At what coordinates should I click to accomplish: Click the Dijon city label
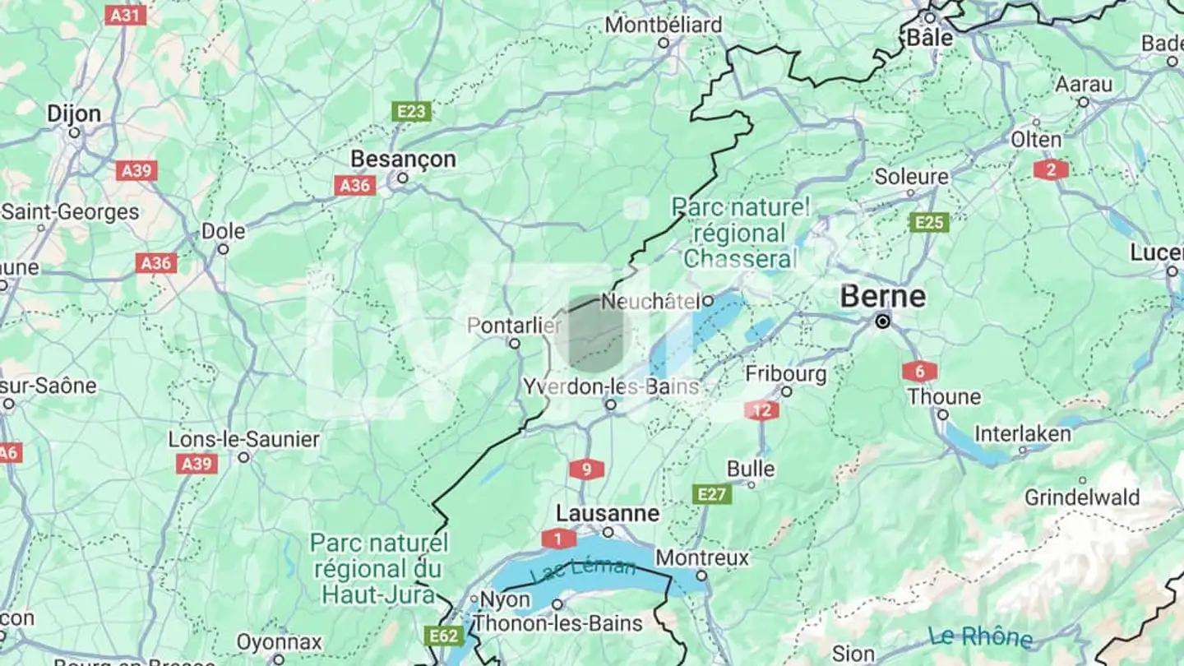[x=74, y=113]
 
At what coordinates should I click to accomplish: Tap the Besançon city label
[x=403, y=159]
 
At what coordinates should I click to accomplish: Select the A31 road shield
[x=126, y=15]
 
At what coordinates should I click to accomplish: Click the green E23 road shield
[x=411, y=112]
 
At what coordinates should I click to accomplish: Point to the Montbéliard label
[x=664, y=25]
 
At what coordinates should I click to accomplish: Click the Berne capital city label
[x=882, y=297]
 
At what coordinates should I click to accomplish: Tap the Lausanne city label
[x=608, y=514]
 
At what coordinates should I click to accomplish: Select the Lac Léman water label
[x=582, y=569]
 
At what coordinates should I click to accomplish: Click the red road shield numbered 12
[x=762, y=410]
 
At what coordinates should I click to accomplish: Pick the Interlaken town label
[x=1023, y=433]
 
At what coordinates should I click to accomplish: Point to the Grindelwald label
[x=1082, y=497]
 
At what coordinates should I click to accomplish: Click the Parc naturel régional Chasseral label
[x=740, y=233]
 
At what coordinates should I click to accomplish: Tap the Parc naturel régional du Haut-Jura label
[x=379, y=568]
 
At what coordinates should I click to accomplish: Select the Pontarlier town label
[x=514, y=326]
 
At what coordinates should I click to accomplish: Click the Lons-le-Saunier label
[x=243, y=440]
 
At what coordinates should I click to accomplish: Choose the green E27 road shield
[x=711, y=494]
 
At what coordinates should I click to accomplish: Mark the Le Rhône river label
[x=980, y=637]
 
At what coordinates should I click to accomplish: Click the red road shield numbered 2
[x=1051, y=170]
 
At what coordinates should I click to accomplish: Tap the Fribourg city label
[x=786, y=374]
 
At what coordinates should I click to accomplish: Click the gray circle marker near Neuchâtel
[x=593, y=334]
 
